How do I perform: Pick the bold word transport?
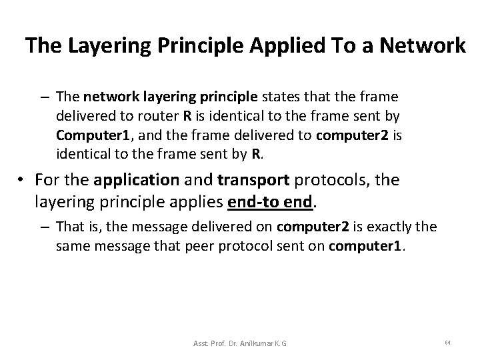pos(239,181)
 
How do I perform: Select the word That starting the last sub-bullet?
pos(69,227)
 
